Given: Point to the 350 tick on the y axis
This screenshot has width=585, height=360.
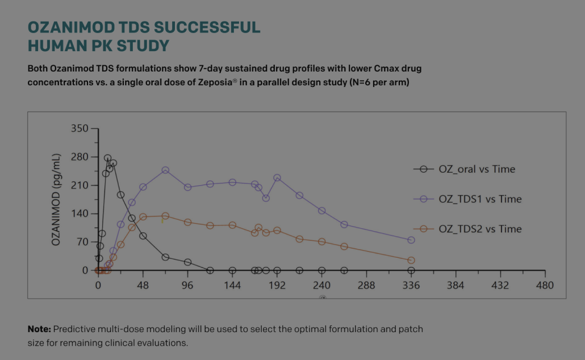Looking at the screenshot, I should [80, 129].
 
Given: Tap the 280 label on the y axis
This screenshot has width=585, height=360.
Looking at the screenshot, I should [80, 157].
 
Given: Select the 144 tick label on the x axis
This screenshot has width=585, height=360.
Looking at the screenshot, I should [232, 285].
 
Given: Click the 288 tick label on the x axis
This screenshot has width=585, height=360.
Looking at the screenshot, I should [366, 285].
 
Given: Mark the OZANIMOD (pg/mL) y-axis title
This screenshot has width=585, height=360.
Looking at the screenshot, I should [56, 200].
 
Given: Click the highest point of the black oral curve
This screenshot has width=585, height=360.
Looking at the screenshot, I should [107, 158].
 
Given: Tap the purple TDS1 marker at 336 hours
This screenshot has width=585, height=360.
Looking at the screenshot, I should [411, 240].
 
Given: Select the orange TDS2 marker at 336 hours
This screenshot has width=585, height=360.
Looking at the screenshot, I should [411, 261].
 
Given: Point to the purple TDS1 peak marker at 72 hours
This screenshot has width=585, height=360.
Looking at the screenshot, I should [165, 170].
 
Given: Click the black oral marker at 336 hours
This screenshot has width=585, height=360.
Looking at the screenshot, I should [411, 271].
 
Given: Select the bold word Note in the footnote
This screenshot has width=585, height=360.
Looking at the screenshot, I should [39, 329].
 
